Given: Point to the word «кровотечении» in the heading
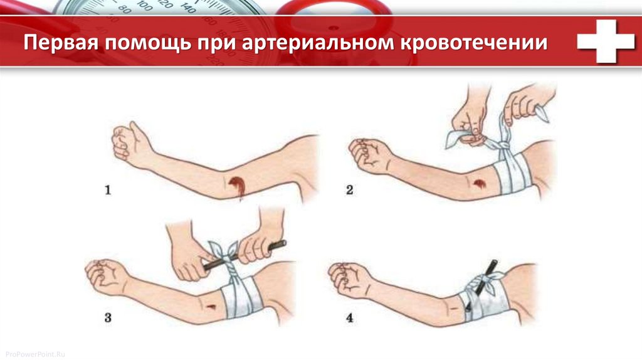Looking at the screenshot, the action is click(474, 43).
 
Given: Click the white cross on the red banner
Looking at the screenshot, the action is click(606, 41).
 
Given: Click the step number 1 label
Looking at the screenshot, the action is click(108, 190).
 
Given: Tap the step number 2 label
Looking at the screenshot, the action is click(349, 190).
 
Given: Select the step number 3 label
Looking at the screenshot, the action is click(108, 317).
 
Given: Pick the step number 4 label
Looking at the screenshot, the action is click(349, 317).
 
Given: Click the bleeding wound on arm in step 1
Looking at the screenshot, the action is click(237, 186).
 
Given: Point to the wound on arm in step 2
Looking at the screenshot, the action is click(478, 184).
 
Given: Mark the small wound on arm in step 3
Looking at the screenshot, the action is click(211, 307).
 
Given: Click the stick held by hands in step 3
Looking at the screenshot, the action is click(245, 255).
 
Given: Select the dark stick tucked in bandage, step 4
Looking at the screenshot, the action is click(481, 285).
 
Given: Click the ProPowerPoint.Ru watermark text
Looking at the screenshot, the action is click(35, 354).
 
